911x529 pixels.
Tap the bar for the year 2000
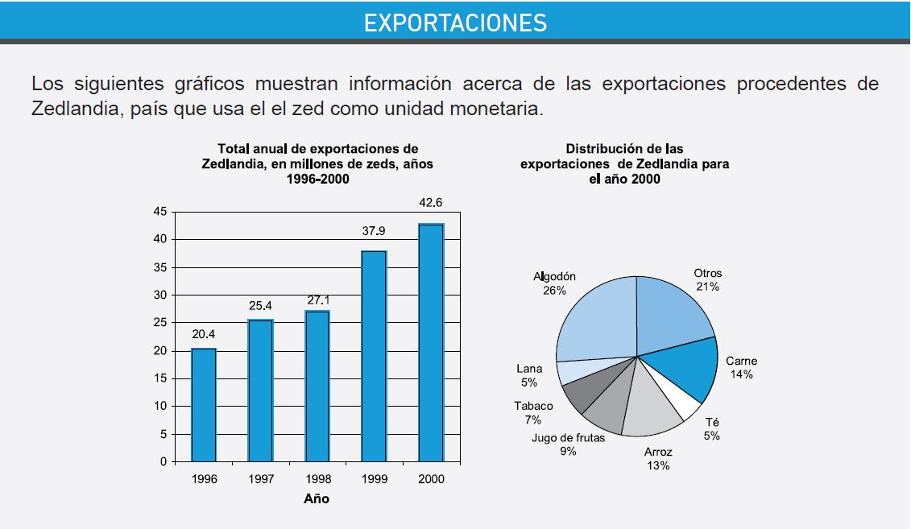tap(431, 342)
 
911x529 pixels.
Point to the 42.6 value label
tap(431, 202)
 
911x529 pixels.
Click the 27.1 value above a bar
tap(318, 300)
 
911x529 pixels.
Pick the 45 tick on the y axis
tap(159, 212)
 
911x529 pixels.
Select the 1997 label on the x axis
tap(261, 479)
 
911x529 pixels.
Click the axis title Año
tap(317, 498)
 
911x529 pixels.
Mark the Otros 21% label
tap(708, 279)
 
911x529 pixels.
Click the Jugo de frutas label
tap(568, 444)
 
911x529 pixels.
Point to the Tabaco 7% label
tap(533, 412)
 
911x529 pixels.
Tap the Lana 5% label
tap(528, 376)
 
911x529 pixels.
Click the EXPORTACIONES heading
tap(455, 22)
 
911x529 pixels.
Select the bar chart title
tap(317, 163)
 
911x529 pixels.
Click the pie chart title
tap(624, 163)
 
